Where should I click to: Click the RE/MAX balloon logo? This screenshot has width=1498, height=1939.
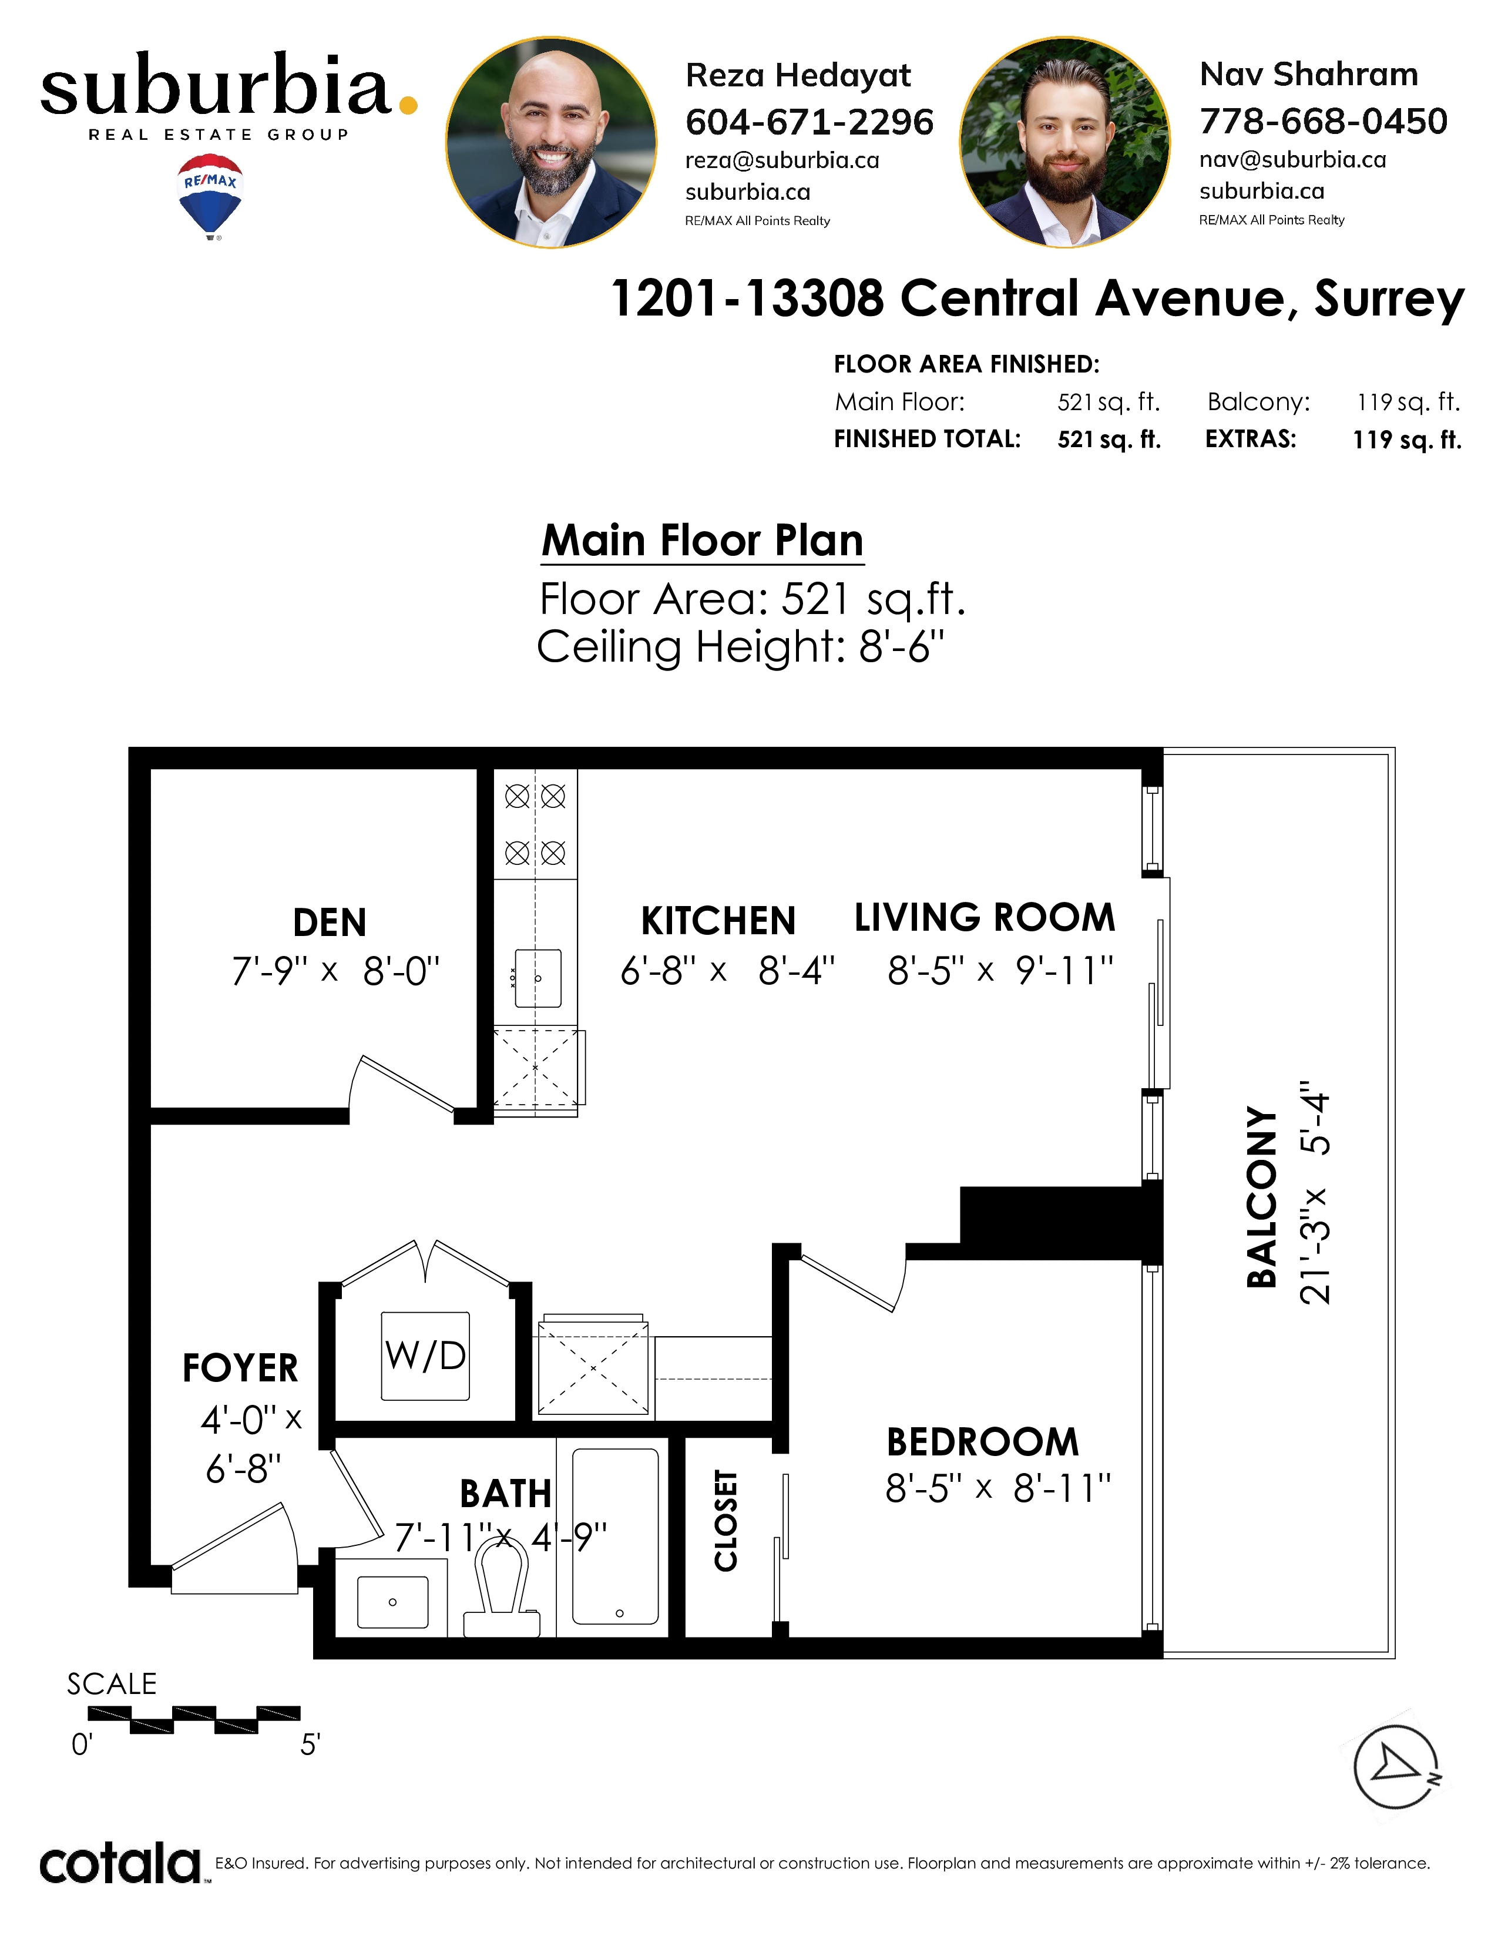point(210,197)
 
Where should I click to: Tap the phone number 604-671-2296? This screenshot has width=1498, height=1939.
point(810,122)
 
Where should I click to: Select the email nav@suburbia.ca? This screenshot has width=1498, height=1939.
point(1292,160)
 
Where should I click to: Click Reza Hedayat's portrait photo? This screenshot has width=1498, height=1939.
point(551,142)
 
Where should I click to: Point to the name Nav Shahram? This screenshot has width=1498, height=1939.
point(1309,75)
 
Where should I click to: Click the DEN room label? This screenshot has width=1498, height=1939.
point(329,922)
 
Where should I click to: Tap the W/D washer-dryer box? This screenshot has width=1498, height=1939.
point(425,1356)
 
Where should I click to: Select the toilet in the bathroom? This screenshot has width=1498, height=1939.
point(502,1588)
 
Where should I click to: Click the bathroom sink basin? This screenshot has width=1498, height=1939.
point(392,1602)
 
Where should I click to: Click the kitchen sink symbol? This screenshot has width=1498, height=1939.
point(538,978)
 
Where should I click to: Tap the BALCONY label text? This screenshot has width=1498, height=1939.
point(1261,1196)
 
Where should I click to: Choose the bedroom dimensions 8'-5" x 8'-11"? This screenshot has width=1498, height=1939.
point(997,1488)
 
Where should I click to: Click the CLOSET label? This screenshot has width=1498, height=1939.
point(726,1520)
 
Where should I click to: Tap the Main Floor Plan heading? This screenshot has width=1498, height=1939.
point(702,540)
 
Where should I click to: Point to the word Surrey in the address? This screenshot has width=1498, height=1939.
point(1389,298)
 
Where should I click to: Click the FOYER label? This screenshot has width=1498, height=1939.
point(240,1368)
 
